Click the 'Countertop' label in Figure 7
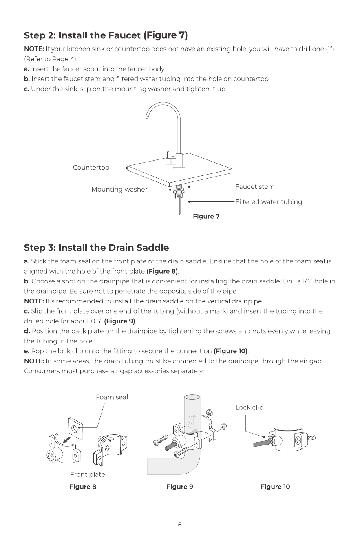pos(91,168)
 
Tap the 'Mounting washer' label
pos(119,190)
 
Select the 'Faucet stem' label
pos(255,187)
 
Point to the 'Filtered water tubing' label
pos(269,202)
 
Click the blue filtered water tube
pos(179,206)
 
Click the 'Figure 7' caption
pos(206,216)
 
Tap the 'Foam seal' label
pos(112,397)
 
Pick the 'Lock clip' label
pos(250,408)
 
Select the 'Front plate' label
pos(88,474)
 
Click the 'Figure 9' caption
pos(180,487)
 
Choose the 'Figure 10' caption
pos(275,487)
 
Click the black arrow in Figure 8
pos(67,440)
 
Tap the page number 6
pos(180,525)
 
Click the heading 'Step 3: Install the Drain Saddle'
pos(96,248)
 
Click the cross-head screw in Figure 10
pos(298,440)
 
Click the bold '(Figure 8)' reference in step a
pos(162,272)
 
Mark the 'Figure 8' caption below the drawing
pos(83,487)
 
